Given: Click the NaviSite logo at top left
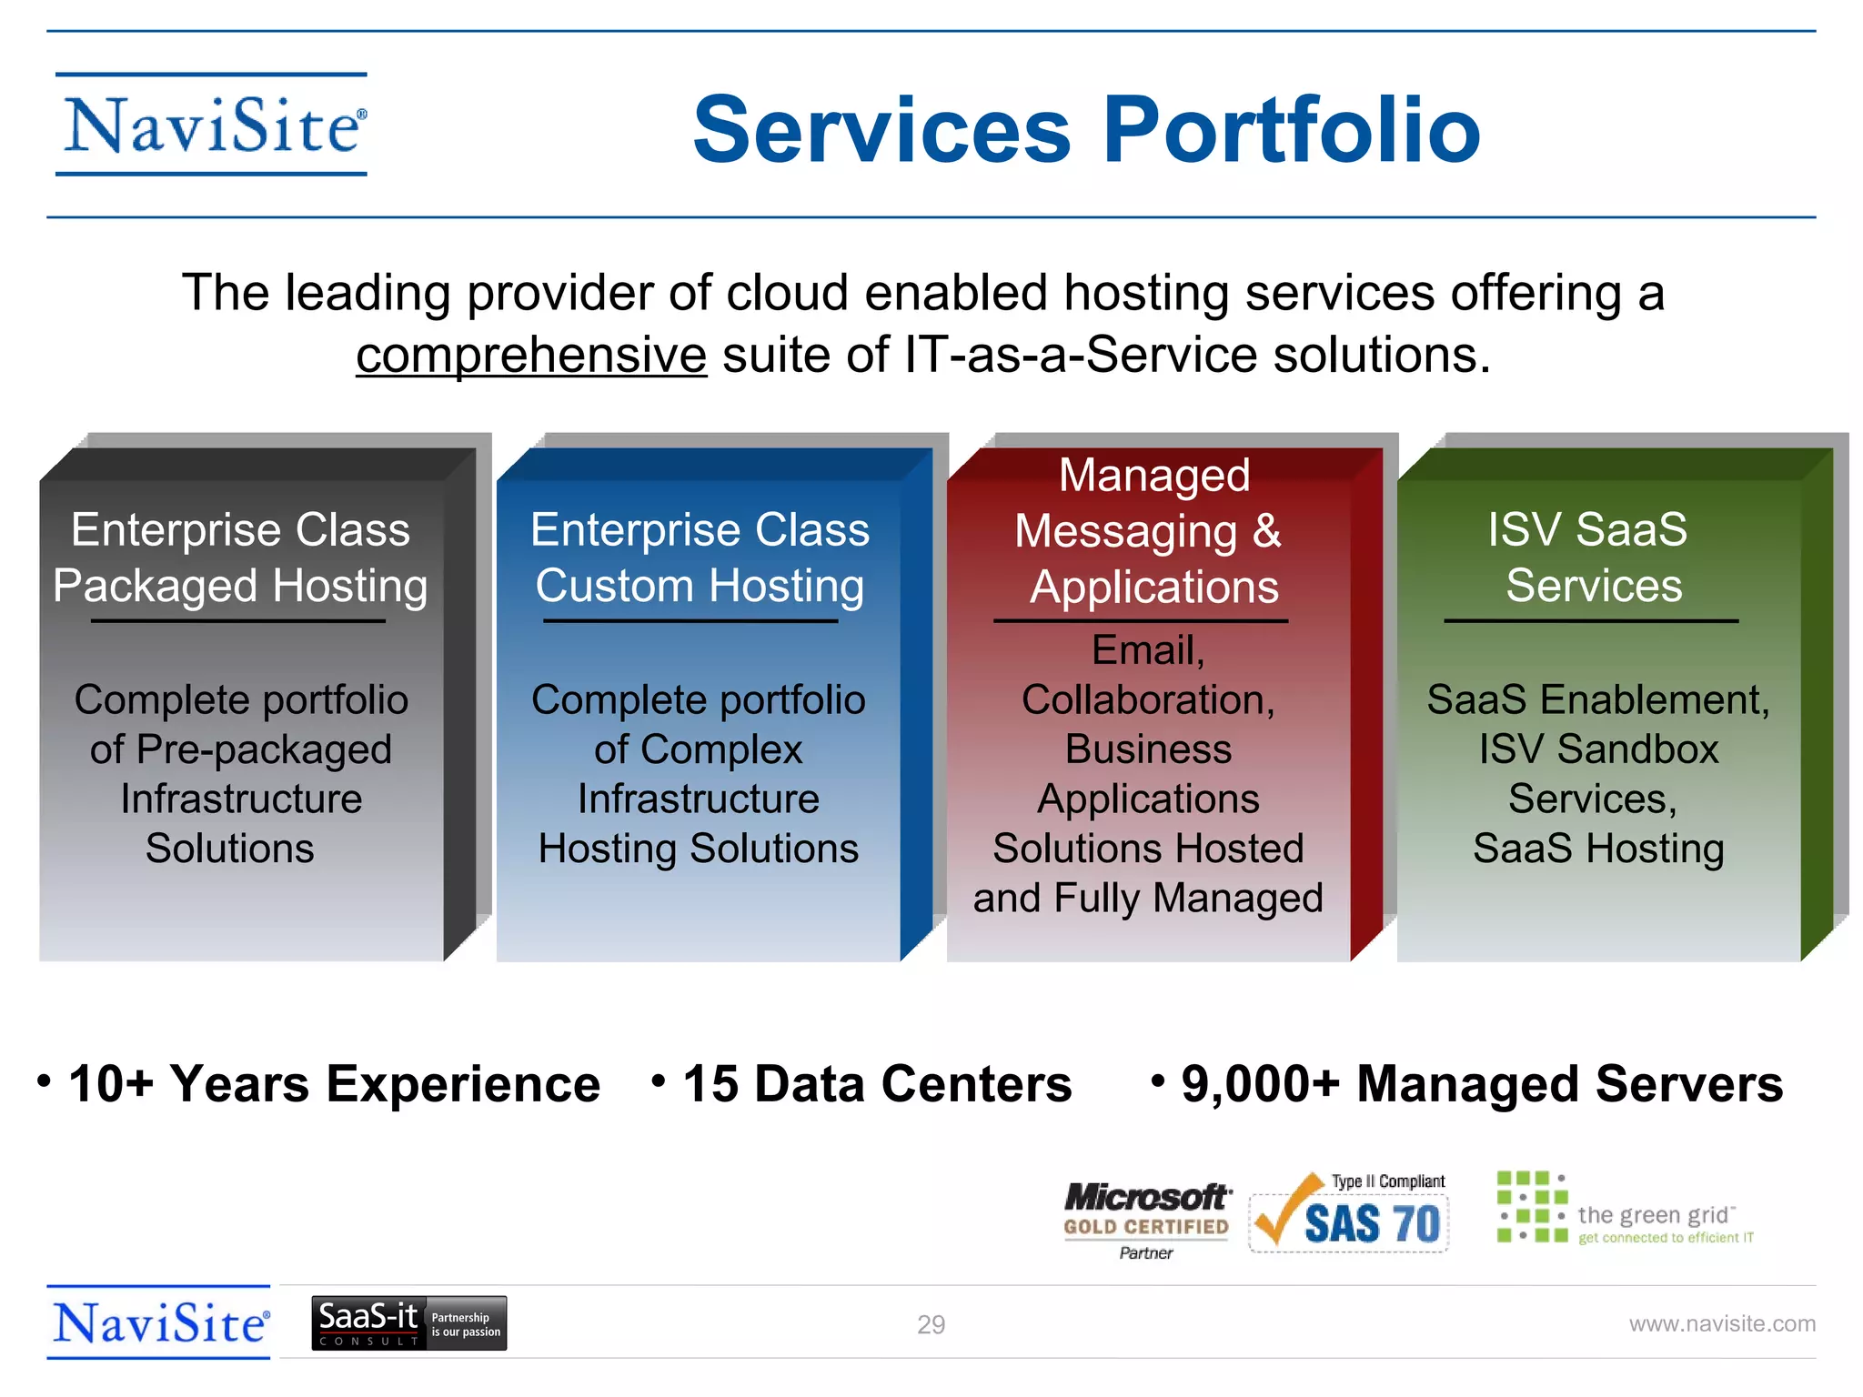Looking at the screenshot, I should point(212,126).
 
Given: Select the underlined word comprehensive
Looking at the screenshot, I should point(531,356).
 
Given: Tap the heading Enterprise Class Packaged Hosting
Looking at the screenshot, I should point(240,558).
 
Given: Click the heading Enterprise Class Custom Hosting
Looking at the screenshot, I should point(700,558).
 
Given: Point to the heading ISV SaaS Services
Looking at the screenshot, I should point(1590,558).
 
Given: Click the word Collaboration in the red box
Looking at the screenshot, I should point(1144,700).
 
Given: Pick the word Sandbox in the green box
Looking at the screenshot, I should point(1637,750).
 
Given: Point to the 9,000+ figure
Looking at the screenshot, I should point(1260,1084).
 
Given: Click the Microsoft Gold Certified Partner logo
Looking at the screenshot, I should point(1146,1218).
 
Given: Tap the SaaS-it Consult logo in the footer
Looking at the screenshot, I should point(408,1323).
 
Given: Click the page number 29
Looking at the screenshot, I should point(931,1324).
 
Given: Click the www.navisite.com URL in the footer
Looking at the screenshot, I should point(1721,1324).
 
